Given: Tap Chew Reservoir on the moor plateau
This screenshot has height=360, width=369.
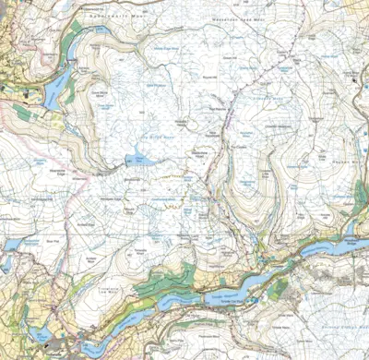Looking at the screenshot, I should coord(138,160).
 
